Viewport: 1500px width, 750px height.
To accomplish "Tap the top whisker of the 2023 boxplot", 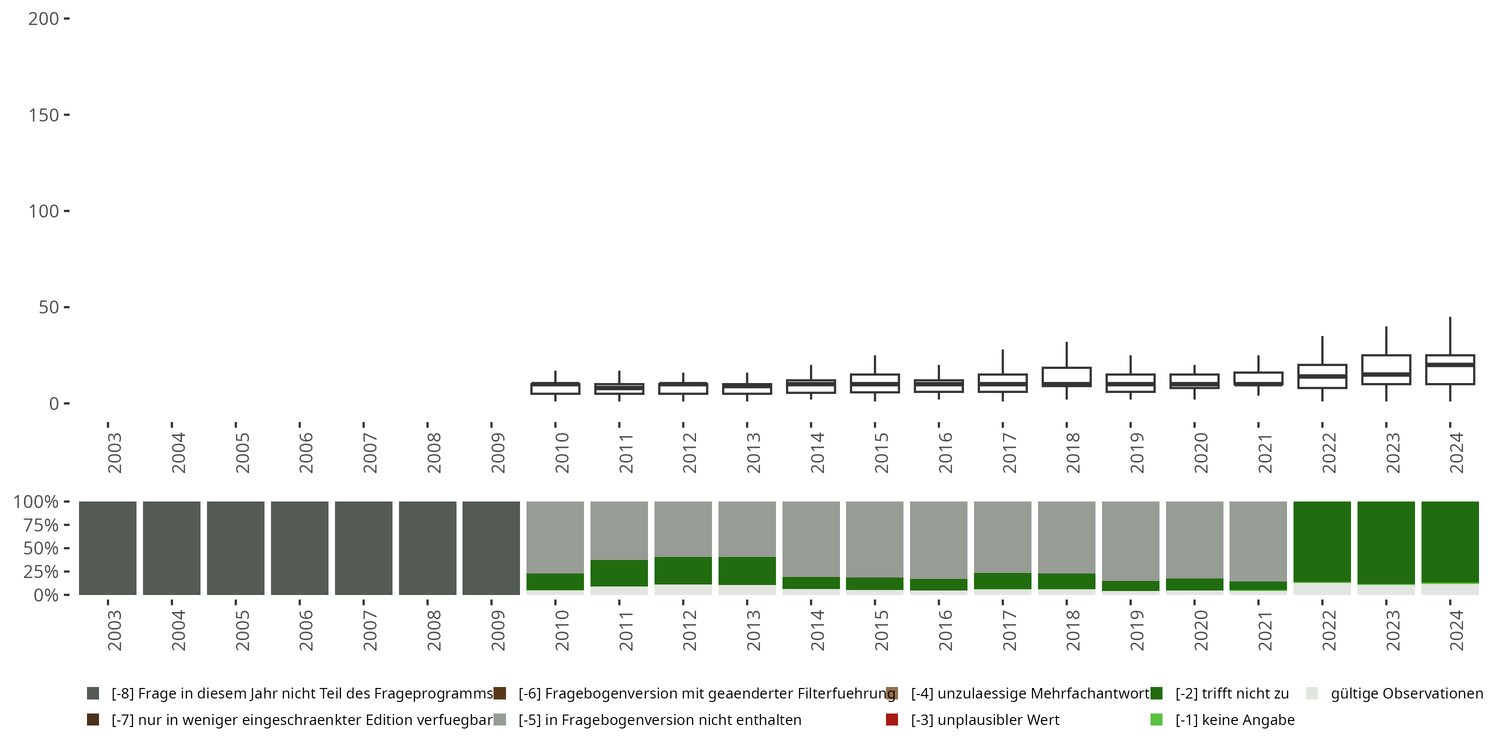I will pyautogui.click(x=1386, y=340).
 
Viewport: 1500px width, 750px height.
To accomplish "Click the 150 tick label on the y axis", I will pyautogui.click(x=43, y=115).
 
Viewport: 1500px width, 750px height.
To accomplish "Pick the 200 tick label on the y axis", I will pyautogui.click(x=43, y=19).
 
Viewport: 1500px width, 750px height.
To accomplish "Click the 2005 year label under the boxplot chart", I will pyautogui.click(x=241, y=452).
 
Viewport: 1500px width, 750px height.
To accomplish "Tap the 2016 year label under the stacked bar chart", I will pyautogui.click(x=944, y=630).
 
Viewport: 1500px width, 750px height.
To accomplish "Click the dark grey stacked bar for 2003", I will pyautogui.click(x=107, y=548).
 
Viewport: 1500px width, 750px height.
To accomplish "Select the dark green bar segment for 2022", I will pyautogui.click(x=1322, y=541).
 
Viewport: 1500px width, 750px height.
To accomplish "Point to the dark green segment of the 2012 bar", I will pyautogui.click(x=683, y=570).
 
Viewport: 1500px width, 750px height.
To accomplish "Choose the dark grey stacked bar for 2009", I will pyautogui.click(x=491, y=548).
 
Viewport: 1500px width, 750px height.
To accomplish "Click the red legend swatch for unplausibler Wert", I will pyautogui.click(x=891, y=719).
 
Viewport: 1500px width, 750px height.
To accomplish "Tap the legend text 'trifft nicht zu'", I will pyautogui.click(x=1231, y=693).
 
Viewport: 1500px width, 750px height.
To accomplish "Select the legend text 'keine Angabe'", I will pyautogui.click(x=1234, y=719).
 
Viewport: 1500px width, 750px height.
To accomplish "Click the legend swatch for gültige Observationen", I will pyautogui.click(x=1312, y=693).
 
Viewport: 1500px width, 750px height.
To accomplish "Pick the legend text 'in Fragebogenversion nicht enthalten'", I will pyautogui.click(x=659, y=719).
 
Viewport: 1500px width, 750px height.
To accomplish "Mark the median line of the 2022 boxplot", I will pyautogui.click(x=1322, y=376).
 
